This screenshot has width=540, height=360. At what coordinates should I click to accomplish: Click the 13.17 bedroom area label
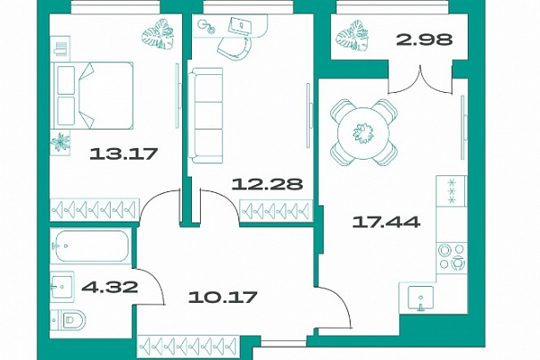pyautogui.click(x=124, y=154)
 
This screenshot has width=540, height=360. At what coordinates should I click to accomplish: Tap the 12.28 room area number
pyautogui.click(x=267, y=184)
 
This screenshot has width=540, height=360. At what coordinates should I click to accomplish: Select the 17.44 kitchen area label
pyautogui.click(x=386, y=222)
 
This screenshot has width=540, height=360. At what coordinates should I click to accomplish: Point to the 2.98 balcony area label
pyautogui.click(x=424, y=39)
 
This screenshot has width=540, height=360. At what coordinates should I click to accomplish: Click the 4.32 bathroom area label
pyautogui.click(x=110, y=287)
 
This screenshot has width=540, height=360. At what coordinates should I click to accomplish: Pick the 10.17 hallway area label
pyautogui.click(x=223, y=297)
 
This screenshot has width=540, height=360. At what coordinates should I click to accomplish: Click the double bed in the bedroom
pyautogui.click(x=92, y=96)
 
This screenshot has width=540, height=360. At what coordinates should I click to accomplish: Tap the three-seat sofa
pyautogui.click(x=205, y=115)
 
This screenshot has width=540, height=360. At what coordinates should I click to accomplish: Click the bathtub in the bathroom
pyautogui.click(x=91, y=247)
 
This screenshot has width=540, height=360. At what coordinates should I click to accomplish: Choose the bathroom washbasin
pyautogui.click(x=62, y=287)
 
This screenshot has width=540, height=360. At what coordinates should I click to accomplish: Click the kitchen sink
pyautogui.click(x=420, y=298)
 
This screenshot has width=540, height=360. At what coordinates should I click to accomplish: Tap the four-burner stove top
pyautogui.click(x=452, y=256)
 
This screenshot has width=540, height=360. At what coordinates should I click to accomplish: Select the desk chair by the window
pyautogui.click(x=235, y=48)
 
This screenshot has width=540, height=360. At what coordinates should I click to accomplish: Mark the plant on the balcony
pyautogui.click(x=353, y=37)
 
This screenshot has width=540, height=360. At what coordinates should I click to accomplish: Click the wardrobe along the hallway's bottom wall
pyautogui.click(x=189, y=346)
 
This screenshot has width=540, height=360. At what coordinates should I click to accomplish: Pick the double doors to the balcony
pyautogui.click(x=420, y=81)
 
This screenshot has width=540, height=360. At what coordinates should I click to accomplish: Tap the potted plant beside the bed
pyautogui.click(x=61, y=142)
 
